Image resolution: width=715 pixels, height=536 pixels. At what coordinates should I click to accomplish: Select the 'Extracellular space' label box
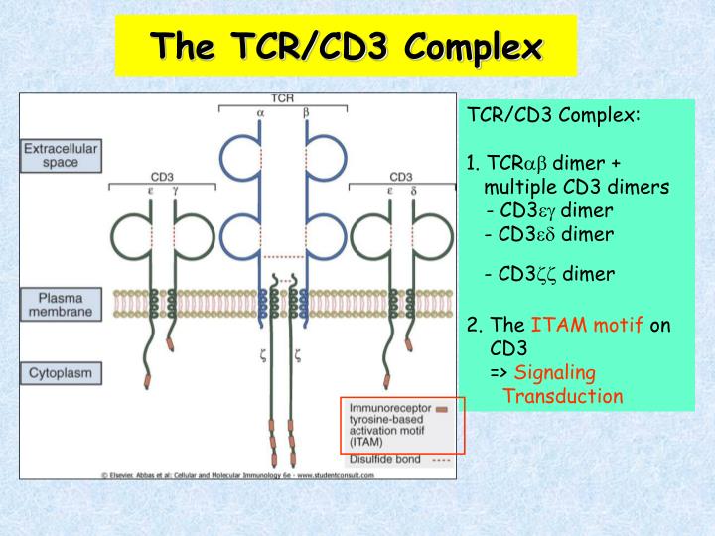tap(61, 155)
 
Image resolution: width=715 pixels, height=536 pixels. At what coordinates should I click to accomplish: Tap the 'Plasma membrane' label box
tap(61, 304)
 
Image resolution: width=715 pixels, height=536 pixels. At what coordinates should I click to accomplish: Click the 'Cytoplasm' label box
tap(61, 374)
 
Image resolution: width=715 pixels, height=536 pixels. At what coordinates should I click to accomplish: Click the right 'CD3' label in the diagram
tap(401, 177)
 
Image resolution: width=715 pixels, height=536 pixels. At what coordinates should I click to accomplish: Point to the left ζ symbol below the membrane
tap(264, 352)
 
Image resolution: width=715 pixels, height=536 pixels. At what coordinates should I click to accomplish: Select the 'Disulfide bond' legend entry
tap(385, 460)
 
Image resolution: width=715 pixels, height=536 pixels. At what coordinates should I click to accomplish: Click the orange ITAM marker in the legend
tap(441, 408)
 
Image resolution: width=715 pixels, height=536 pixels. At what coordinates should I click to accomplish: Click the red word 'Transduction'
tap(563, 396)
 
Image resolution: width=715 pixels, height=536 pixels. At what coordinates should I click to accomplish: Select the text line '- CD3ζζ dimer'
tap(549, 274)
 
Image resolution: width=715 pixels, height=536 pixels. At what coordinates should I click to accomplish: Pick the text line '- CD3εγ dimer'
tap(549, 210)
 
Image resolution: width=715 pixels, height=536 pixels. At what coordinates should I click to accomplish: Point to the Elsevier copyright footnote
tap(238, 475)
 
